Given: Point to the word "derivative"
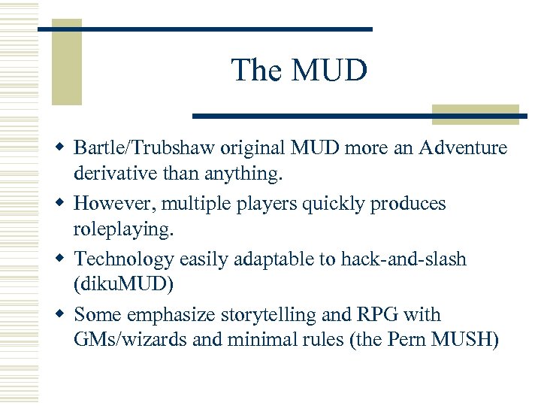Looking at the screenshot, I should (121, 174).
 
